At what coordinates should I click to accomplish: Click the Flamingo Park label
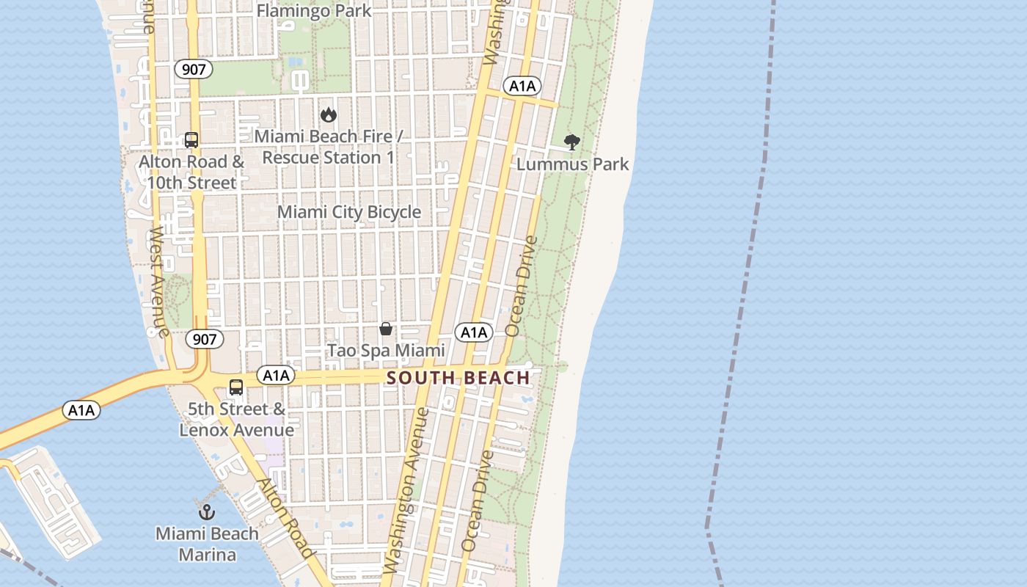pyautogui.click(x=314, y=11)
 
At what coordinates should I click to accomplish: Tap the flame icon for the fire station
pyautogui.click(x=328, y=114)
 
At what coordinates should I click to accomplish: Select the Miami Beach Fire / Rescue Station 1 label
pyautogui.click(x=328, y=147)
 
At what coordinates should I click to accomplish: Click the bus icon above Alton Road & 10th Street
pyautogui.click(x=191, y=139)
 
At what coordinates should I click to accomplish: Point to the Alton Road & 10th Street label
pyautogui.click(x=191, y=172)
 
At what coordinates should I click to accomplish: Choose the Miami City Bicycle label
pyautogui.click(x=349, y=212)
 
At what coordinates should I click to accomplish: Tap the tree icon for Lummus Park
pyautogui.click(x=572, y=142)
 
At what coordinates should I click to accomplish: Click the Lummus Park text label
pyautogui.click(x=572, y=164)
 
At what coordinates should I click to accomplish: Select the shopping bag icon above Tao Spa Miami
pyautogui.click(x=386, y=329)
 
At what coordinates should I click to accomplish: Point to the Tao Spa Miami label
pyautogui.click(x=386, y=351)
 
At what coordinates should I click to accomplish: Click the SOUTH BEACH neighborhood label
pyautogui.click(x=458, y=378)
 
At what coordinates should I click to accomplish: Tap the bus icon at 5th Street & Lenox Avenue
pyautogui.click(x=236, y=387)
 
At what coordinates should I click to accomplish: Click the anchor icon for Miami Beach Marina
pyautogui.click(x=206, y=511)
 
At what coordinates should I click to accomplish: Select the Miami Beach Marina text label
pyautogui.click(x=207, y=544)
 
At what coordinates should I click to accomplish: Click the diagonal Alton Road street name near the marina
pyautogui.click(x=285, y=517)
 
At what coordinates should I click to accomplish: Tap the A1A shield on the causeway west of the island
pyautogui.click(x=81, y=410)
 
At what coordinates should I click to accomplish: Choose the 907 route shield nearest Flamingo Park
pyautogui.click(x=194, y=70)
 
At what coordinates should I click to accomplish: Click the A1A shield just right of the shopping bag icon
pyautogui.click(x=474, y=332)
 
